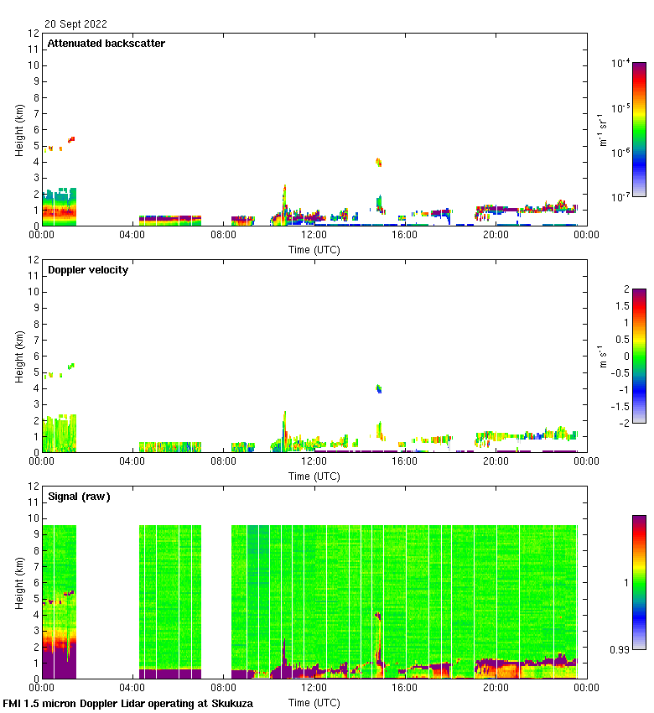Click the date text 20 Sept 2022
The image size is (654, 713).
click(x=75, y=24)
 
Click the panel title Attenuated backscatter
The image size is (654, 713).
click(x=106, y=44)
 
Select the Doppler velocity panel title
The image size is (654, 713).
click(x=87, y=270)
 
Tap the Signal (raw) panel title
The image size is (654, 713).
click(x=79, y=497)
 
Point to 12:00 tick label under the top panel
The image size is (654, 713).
click(x=314, y=236)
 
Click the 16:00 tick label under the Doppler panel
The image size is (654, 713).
click(x=405, y=462)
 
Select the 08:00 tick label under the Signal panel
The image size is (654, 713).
click(x=223, y=689)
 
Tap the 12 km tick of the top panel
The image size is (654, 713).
click(x=34, y=34)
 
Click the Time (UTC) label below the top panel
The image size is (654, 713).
click(x=314, y=249)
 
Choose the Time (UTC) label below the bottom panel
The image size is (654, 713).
click(x=314, y=702)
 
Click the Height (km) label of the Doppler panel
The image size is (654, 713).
click(x=19, y=356)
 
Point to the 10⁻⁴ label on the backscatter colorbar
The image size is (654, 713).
click(x=621, y=64)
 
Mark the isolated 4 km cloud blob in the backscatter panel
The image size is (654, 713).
click(x=378, y=162)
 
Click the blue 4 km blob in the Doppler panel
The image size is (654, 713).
click(x=379, y=388)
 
